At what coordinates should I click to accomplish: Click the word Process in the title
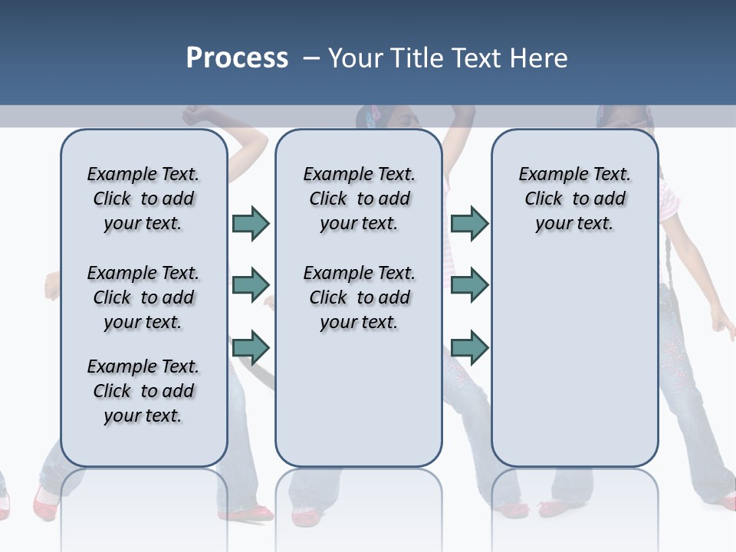(237, 58)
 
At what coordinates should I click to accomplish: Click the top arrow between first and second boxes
(251, 223)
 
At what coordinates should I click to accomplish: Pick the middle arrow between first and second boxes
(251, 285)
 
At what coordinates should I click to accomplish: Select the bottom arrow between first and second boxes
(251, 348)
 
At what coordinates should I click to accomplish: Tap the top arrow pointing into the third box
(469, 223)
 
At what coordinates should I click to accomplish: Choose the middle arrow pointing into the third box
(469, 285)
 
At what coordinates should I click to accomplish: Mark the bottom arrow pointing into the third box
(469, 348)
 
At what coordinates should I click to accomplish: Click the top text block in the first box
(143, 199)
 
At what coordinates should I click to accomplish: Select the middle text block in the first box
(143, 297)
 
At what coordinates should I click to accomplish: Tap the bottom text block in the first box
(143, 391)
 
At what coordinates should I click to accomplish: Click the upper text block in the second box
(359, 199)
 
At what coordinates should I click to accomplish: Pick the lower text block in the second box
(359, 297)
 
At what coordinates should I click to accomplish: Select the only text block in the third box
(574, 199)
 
